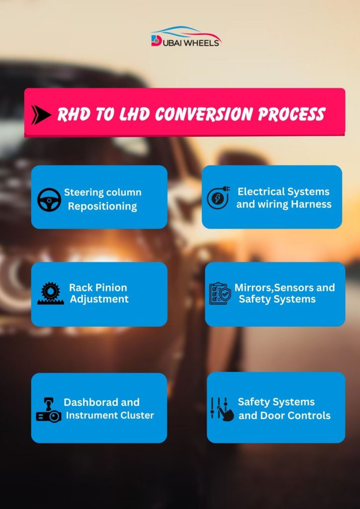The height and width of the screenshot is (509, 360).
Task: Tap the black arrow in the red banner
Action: coord(41,115)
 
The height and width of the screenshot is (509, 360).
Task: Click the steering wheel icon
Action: coord(49,200)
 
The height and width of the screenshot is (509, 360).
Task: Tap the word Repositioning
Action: coord(102,206)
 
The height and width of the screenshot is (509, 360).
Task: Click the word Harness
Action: coord(311,204)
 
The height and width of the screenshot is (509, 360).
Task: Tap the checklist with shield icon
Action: coord(220,293)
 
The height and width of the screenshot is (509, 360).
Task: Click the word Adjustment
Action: coord(99,299)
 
